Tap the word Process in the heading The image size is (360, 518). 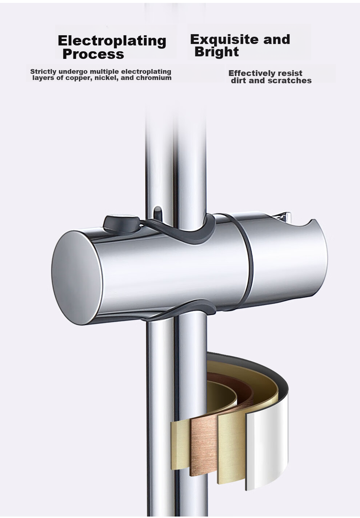click(93, 54)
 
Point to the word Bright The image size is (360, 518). click(217, 52)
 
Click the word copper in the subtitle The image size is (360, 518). click(80, 78)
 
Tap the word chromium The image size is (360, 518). click(153, 77)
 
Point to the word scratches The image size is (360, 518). click(290, 80)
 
